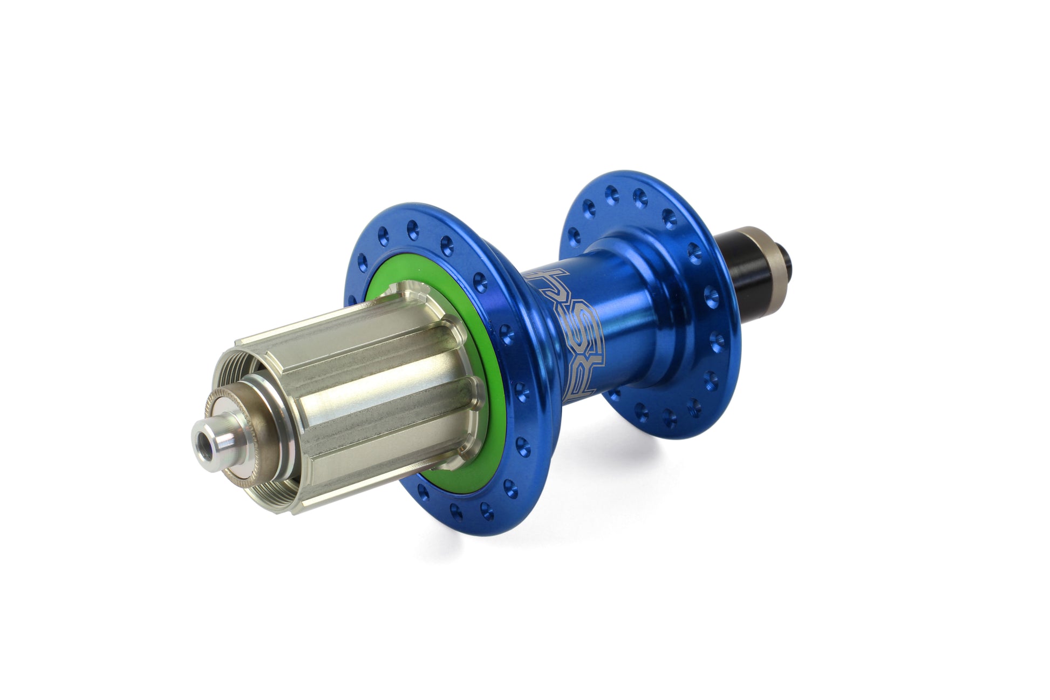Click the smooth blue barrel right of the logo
coord(621,329)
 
